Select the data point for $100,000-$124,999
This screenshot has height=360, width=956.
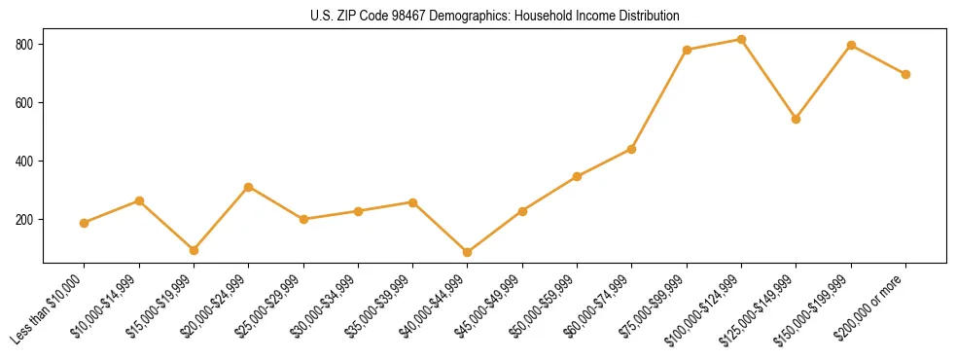[x=741, y=40]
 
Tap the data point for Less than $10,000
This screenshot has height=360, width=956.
[x=85, y=223]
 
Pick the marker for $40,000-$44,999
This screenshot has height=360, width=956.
[x=468, y=252]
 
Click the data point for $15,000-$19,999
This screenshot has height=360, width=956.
[x=194, y=250]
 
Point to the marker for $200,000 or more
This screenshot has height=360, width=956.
[x=905, y=74]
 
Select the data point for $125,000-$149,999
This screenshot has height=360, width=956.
[x=796, y=119]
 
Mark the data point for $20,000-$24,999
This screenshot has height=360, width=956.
[x=249, y=187]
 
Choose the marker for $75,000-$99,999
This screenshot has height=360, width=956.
[x=687, y=50]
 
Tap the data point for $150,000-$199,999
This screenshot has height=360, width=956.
[x=851, y=45]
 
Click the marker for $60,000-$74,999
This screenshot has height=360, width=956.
[x=632, y=149]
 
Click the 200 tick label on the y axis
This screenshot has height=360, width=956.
[x=25, y=220]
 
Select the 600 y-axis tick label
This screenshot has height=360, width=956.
[x=25, y=103]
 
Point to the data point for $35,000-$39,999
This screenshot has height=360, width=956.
[x=412, y=202]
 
